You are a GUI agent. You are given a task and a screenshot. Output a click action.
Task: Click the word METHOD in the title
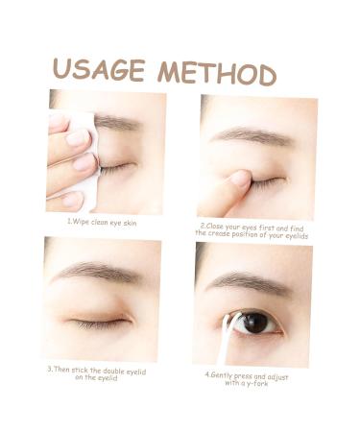click(x=217, y=72)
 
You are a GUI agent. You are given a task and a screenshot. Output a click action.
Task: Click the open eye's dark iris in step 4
click(x=255, y=324)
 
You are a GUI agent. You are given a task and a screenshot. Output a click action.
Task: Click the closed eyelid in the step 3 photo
click(x=98, y=316)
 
